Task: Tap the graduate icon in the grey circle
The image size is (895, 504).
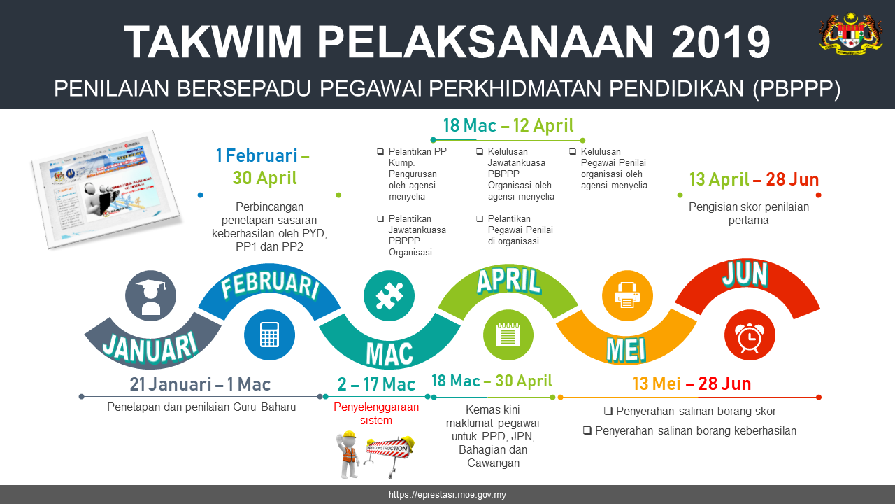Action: point(151,296)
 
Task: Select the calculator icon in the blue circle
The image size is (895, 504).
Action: point(269,335)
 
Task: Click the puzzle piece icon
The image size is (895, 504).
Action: point(389,295)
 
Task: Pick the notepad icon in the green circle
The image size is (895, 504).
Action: point(508,335)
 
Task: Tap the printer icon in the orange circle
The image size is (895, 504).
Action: point(627,295)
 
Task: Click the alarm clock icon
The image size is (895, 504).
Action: point(749,336)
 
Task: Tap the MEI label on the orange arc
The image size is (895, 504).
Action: point(626,349)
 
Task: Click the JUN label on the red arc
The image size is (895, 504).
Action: point(745,275)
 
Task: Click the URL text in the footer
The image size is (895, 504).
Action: point(447,495)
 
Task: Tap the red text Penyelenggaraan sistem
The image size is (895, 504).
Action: point(376,414)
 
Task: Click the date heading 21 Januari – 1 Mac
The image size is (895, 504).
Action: point(200,384)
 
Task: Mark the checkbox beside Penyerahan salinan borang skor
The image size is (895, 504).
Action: point(608,412)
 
